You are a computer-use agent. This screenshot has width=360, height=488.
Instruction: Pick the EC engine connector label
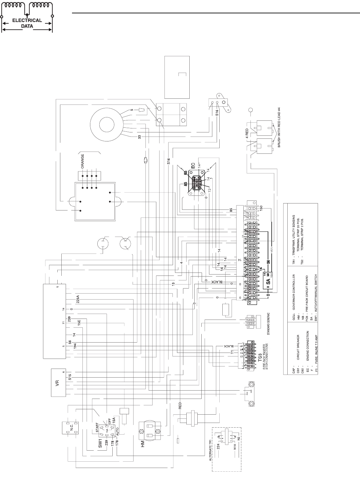193,165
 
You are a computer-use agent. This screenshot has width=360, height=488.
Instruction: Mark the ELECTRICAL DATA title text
27,23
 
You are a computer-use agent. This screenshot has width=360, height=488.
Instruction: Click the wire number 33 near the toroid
139,137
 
